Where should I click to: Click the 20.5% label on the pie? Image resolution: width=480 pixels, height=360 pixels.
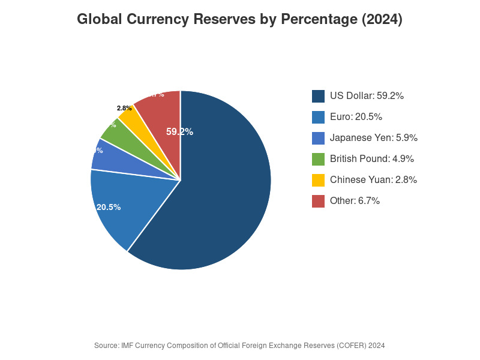tap(109, 207)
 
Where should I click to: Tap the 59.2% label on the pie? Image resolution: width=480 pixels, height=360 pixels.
tap(179, 132)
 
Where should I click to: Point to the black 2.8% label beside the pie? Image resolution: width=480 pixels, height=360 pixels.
tap(124, 109)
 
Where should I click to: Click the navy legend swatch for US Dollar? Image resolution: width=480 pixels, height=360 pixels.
tap(318, 96)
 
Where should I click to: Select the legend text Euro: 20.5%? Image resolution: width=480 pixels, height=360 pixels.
tap(356, 117)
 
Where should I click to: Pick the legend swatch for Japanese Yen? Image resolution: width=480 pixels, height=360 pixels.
tap(318, 138)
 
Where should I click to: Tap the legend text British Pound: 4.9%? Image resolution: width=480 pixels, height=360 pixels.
tap(371, 159)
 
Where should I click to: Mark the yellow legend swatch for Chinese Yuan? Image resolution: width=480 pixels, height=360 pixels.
tap(318, 180)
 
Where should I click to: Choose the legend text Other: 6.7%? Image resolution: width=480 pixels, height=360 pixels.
tap(355, 201)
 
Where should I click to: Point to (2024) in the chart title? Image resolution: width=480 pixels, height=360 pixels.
tap(382, 20)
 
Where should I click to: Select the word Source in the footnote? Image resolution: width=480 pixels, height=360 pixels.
tap(106, 346)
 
